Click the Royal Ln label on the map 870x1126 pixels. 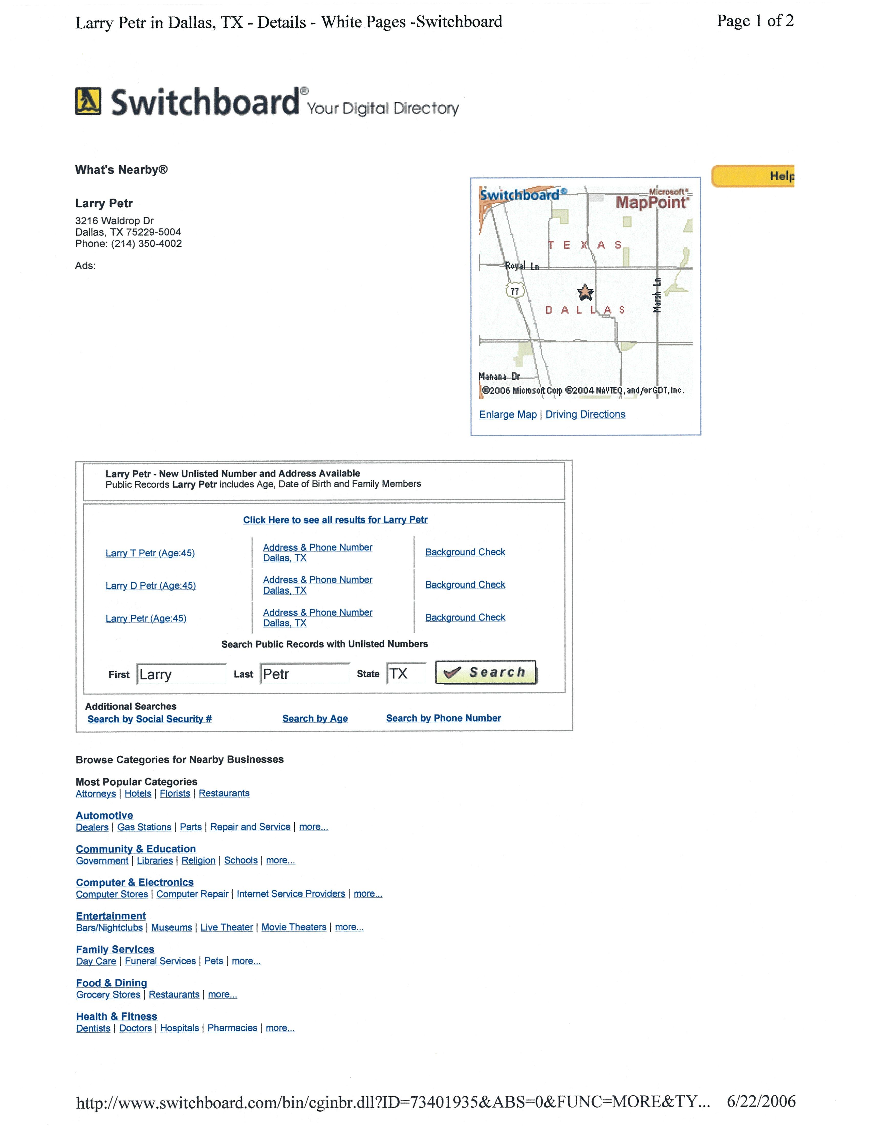[521, 266]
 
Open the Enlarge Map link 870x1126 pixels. [508, 415]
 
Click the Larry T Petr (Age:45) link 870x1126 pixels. [150, 553]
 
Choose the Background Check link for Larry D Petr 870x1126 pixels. [465, 585]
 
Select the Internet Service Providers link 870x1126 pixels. [291, 894]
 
